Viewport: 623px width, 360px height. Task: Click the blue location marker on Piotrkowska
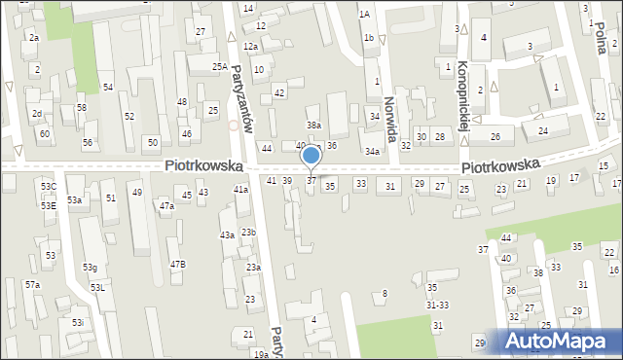point(311,156)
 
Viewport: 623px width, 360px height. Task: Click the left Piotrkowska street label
point(202,166)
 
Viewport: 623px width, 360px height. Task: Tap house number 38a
point(313,125)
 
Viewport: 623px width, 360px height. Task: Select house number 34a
point(372,152)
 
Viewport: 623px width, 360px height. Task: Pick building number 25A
point(220,67)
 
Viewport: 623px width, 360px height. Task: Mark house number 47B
point(177,265)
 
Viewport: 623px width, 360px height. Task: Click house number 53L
point(97,288)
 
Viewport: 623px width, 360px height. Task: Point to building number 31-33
point(437,305)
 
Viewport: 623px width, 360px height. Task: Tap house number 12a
point(250,47)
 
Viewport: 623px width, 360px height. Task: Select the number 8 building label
point(385,293)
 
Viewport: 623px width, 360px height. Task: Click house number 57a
point(32,285)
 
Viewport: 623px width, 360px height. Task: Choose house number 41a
point(240,189)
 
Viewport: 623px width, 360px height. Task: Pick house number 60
point(44,132)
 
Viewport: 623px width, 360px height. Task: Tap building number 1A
point(364,15)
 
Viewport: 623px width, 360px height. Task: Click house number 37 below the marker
point(311,180)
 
